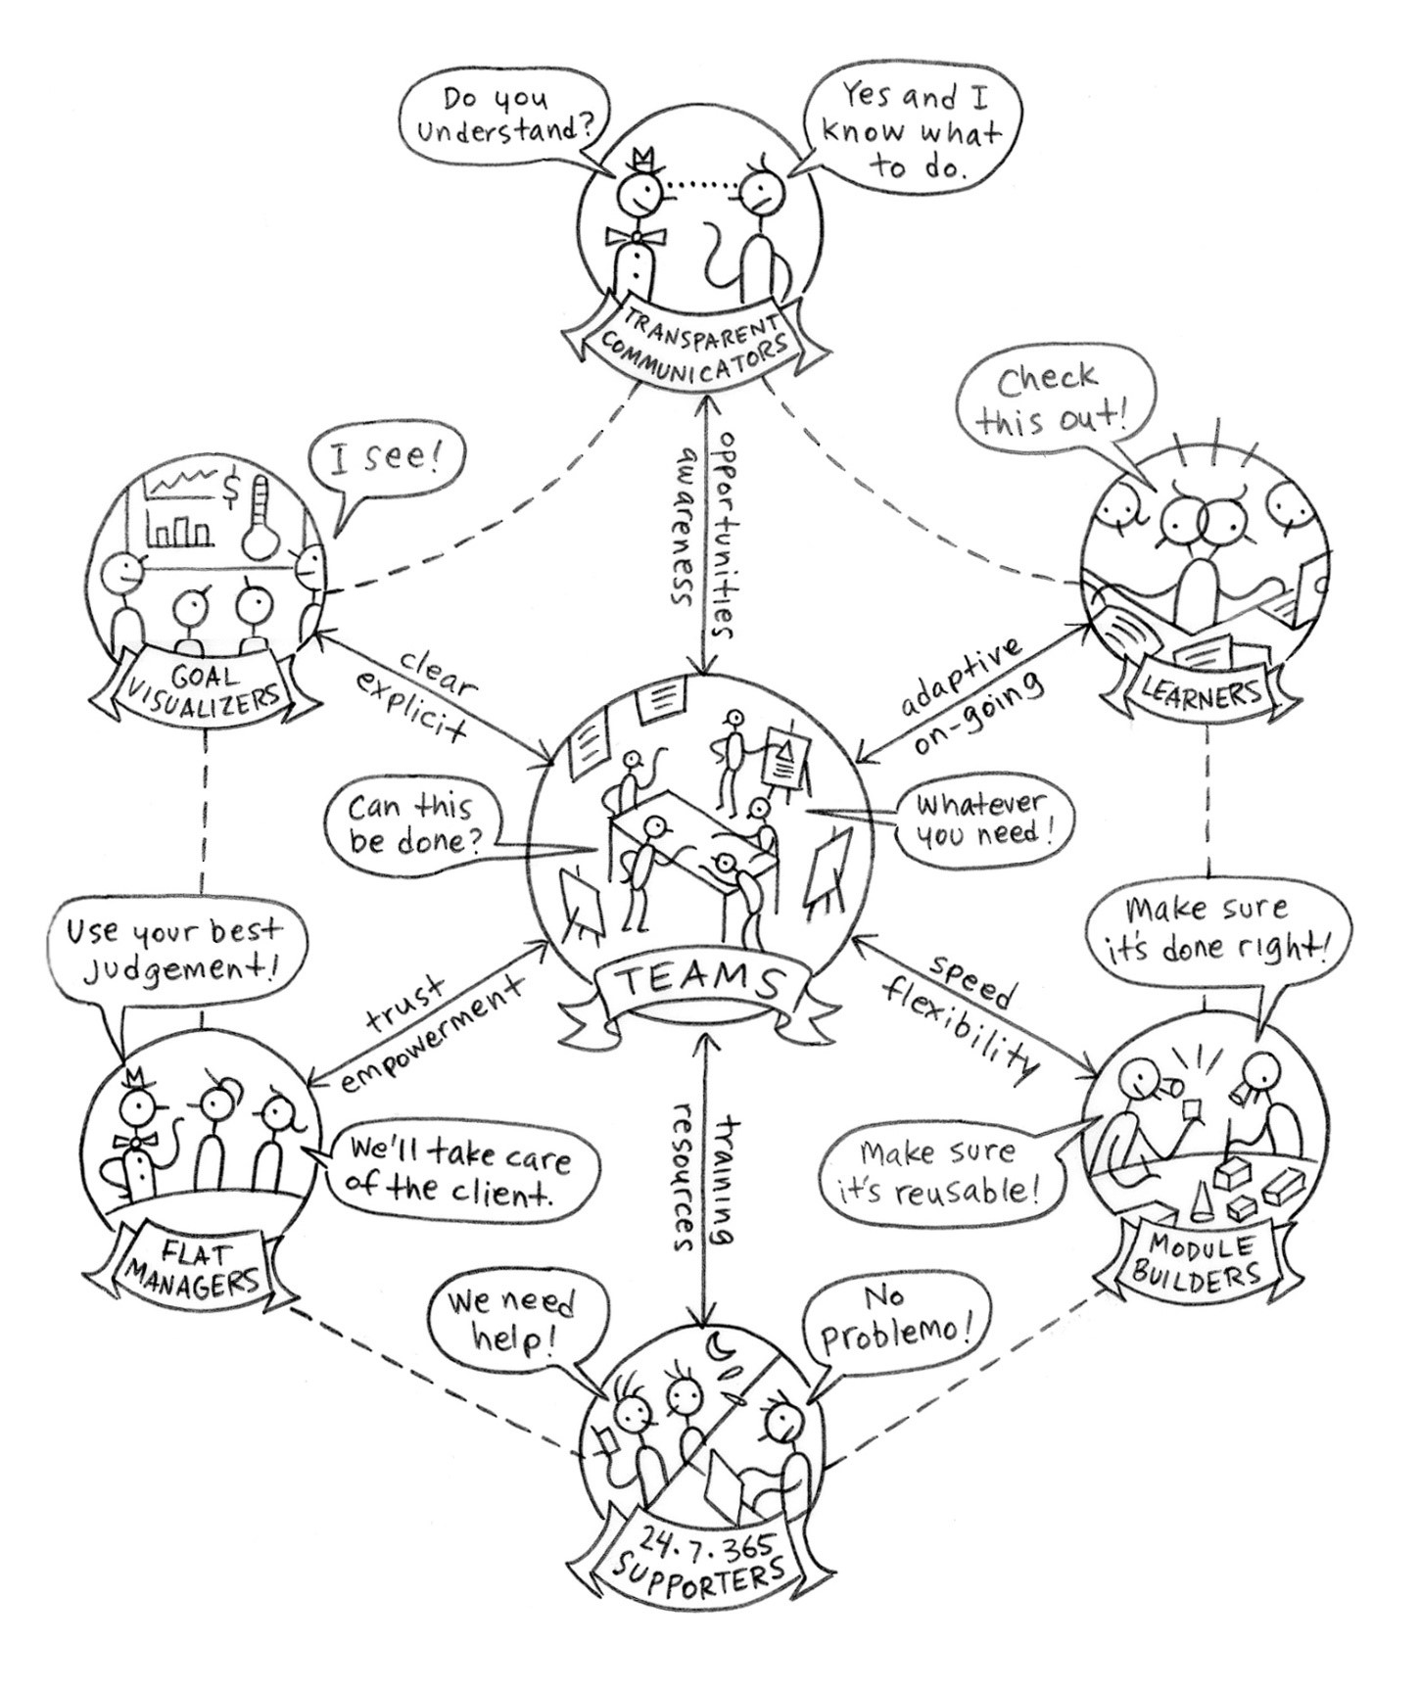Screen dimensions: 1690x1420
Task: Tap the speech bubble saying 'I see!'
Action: [x=382, y=466]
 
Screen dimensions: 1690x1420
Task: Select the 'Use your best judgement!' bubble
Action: [x=174, y=950]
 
